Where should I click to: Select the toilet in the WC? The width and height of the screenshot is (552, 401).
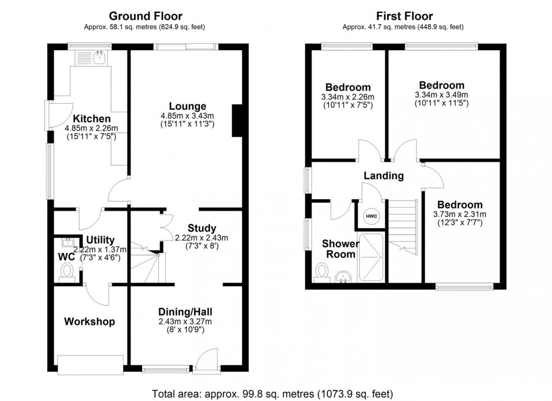pyautogui.click(x=68, y=271)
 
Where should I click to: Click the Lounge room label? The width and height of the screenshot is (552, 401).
pyautogui.click(x=187, y=106)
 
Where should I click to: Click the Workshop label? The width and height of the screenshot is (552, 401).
pyautogui.click(x=89, y=322)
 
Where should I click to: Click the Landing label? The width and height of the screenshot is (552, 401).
pyautogui.click(x=384, y=176)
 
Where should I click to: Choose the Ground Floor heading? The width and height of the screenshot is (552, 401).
pyautogui.click(x=145, y=16)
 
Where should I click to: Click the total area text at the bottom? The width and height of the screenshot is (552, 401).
pyautogui.click(x=273, y=393)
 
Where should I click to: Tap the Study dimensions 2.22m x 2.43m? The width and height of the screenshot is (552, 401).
pyautogui.click(x=202, y=237)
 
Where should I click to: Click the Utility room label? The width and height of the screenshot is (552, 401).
pyautogui.click(x=100, y=240)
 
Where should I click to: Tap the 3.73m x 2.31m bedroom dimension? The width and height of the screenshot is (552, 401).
pyautogui.click(x=460, y=214)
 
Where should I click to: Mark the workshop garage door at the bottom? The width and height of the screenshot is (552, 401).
pyautogui.click(x=90, y=365)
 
